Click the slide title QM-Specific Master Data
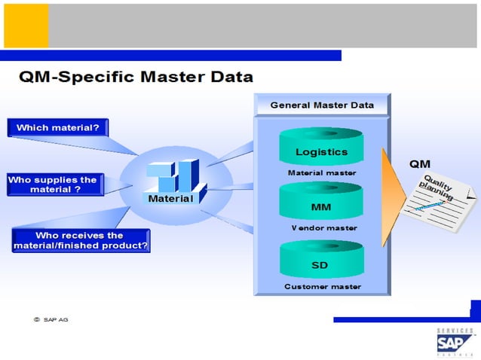point(136,77)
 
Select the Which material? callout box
point(58,127)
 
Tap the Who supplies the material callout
point(52,185)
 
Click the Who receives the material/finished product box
point(81,240)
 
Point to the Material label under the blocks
point(170,199)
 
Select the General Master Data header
point(322,105)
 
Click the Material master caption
point(322,172)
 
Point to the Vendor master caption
point(323,227)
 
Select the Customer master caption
point(322,286)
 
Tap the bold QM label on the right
point(420,163)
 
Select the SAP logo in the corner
point(455,343)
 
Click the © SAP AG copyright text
point(51,319)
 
